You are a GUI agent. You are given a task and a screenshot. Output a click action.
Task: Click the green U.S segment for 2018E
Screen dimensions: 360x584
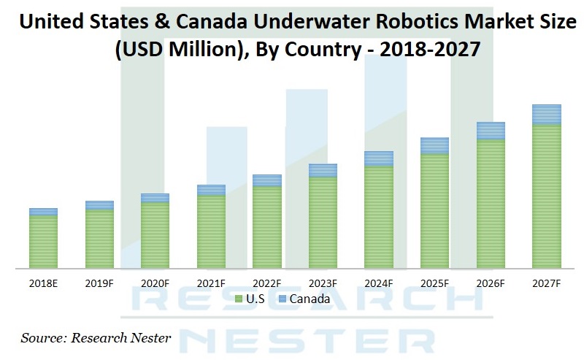tap(43, 242)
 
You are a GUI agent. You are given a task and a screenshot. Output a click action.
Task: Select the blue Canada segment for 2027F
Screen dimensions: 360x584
tap(546, 115)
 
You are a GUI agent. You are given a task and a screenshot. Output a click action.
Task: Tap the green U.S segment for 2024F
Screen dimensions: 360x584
tap(378, 217)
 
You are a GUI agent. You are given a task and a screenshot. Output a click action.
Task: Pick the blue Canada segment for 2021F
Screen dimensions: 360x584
tap(211, 190)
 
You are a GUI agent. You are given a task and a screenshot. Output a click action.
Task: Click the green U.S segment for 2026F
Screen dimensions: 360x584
tap(491, 204)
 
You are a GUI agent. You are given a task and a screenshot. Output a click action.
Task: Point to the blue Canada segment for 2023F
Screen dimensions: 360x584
tap(323, 170)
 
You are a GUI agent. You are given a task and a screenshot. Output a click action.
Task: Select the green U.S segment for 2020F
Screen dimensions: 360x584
tap(155, 235)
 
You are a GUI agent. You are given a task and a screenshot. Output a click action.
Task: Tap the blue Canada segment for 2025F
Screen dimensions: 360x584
tap(434, 145)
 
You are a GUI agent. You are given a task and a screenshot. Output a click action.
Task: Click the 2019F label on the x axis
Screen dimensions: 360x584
tap(99, 283)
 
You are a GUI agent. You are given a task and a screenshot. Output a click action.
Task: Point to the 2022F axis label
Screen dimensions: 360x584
tap(267, 283)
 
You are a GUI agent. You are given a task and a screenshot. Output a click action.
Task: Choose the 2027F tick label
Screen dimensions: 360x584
tap(546, 283)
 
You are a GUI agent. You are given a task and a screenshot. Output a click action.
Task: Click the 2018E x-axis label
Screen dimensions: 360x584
tap(43, 283)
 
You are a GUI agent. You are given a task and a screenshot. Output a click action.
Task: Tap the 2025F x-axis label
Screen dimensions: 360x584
tap(434, 283)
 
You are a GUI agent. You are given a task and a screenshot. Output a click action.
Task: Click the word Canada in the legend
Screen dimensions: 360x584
tap(310, 299)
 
